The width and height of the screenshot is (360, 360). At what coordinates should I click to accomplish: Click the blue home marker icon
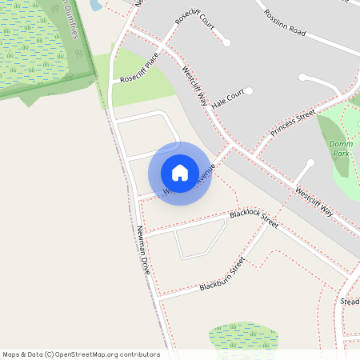point(180,173)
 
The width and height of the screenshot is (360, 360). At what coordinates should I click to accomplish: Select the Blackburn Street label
point(222,274)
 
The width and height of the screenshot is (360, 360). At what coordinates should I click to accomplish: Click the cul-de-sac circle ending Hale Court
point(249,91)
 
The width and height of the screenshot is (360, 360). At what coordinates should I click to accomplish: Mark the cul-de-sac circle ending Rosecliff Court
point(227,42)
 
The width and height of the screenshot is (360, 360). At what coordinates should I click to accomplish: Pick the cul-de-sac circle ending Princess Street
point(310,162)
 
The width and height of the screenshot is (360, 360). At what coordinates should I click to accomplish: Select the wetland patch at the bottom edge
point(243,336)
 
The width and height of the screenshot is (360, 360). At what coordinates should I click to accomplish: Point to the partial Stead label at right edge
point(350,302)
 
